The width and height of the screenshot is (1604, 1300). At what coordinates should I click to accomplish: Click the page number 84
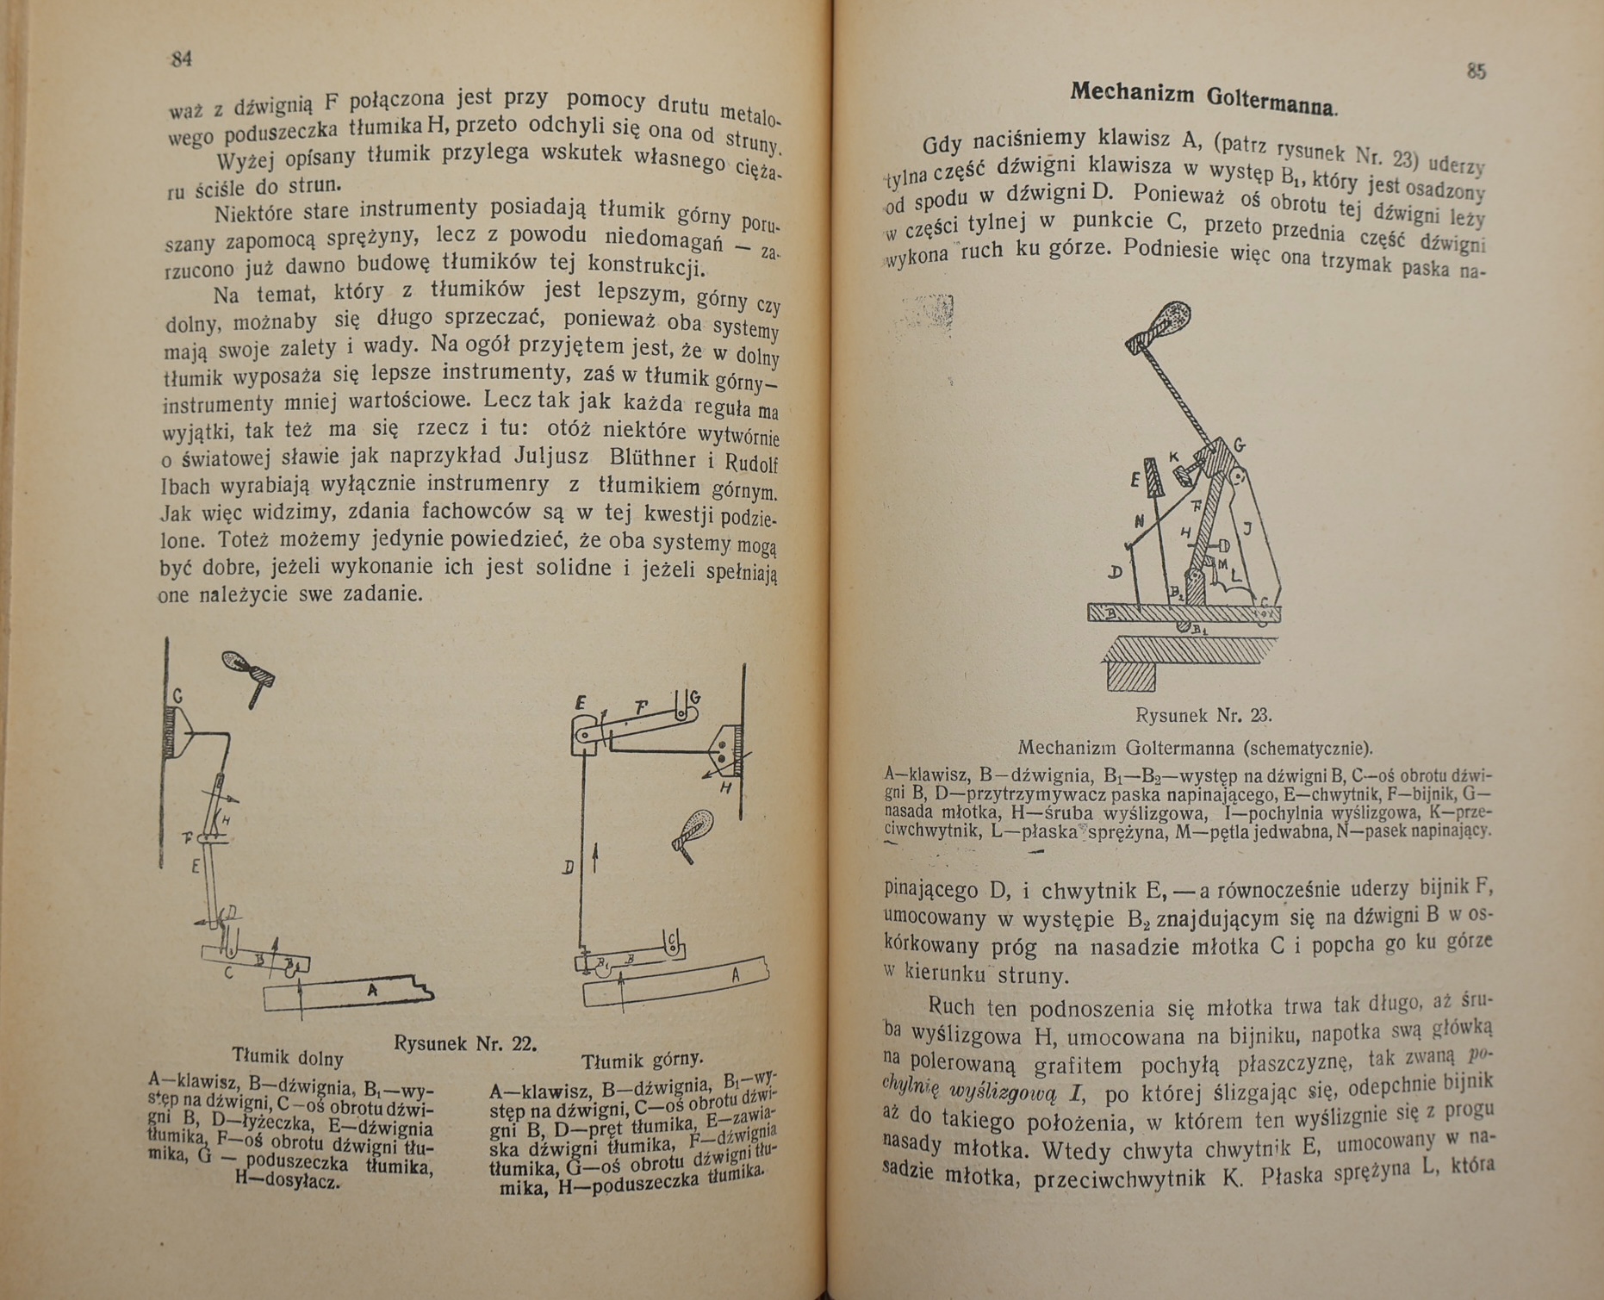(181, 59)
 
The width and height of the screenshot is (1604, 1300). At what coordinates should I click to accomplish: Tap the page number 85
(1476, 71)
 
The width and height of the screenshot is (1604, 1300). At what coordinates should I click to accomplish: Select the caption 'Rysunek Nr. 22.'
(465, 1043)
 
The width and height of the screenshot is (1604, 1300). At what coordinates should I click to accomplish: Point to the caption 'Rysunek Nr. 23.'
(1203, 715)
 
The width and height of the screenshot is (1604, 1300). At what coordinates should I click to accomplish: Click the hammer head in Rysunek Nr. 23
(1166, 320)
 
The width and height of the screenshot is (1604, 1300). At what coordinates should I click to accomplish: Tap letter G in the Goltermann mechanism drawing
(1240, 445)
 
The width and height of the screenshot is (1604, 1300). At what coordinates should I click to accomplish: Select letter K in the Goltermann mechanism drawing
(1173, 457)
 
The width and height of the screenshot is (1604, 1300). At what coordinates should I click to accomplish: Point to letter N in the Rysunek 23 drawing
(1139, 521)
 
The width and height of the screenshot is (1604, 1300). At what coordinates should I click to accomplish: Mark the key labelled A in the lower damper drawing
(372, 991)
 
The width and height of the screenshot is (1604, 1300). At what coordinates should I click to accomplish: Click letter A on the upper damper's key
(735, 975)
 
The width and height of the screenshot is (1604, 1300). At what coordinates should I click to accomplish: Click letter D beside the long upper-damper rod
(568, 868)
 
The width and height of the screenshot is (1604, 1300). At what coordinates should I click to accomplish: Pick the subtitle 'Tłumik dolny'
(288, 1057)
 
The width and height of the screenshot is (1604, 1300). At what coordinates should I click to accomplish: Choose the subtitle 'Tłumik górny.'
(642, 1061)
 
